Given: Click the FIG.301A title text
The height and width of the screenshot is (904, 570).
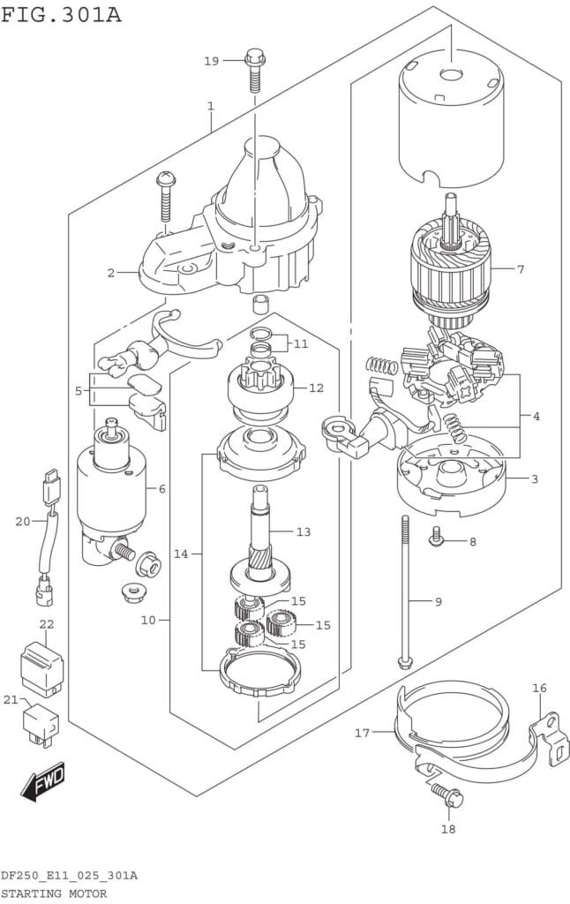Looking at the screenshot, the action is (x=62, y=14).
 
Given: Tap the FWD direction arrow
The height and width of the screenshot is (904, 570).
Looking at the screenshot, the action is (x=43, y=782).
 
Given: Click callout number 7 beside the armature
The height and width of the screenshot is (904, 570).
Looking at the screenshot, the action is (x=520, y=269).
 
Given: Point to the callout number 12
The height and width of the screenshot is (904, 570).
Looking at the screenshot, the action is (x=316, y=388).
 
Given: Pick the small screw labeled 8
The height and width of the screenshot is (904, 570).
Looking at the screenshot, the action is (x=436, y=536).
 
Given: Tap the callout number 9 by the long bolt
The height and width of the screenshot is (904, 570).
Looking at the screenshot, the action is (x=438, y=602).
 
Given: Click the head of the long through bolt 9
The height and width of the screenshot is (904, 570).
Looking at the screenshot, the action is (x=405, y=662).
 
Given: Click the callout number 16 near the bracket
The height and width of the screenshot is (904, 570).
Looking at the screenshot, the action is (x=539, y=688).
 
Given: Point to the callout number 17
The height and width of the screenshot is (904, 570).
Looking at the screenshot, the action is (x=362, y=734).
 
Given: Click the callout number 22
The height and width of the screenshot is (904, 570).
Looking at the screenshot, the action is (x=46, y=624).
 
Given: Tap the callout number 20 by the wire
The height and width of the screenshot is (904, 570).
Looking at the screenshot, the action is (x=22, y=522).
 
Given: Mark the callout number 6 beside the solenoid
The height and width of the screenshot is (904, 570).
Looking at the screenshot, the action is (x=162, y=489).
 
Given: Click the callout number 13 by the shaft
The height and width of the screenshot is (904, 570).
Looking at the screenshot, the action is (x=304, y=531).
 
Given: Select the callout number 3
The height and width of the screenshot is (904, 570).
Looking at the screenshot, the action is (x=535, y=478).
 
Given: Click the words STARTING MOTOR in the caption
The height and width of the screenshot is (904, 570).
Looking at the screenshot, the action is (x=54, y=893).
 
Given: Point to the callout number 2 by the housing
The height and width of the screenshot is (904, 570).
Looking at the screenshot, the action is (x=110, y=273).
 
